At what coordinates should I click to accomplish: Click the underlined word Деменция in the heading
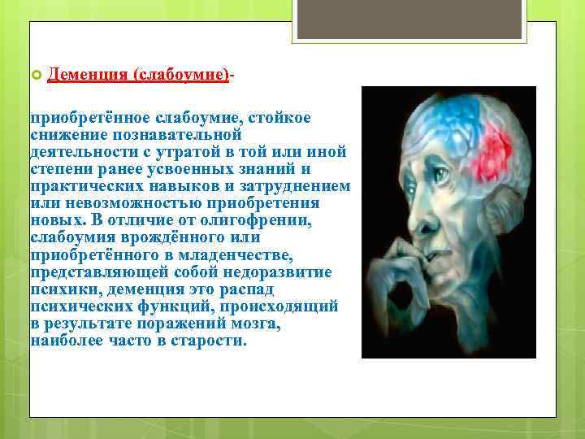click(87, 74)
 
